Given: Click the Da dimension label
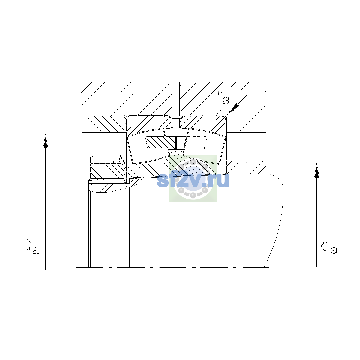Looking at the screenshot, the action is [x=30, y=246].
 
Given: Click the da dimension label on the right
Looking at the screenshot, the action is [x=329, y=247].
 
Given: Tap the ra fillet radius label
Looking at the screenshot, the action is [x=223, y=98].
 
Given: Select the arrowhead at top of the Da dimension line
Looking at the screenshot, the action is [x=45, y=142].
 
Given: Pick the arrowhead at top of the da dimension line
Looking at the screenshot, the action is [x=317, y=170].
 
